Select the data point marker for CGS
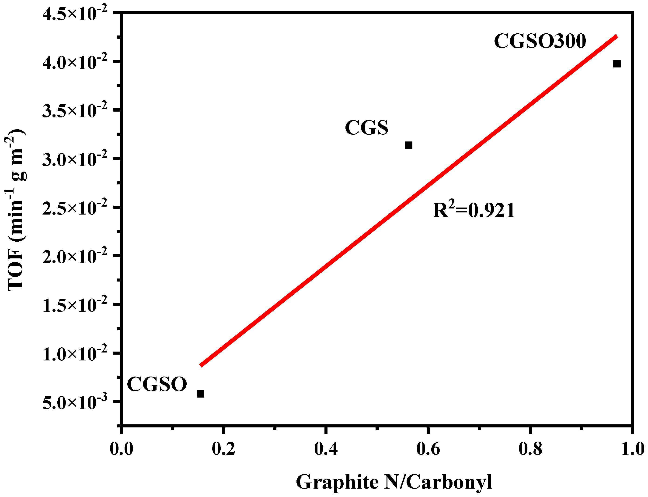pos(408,145)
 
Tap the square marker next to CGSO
pos(200,394)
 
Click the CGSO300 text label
pos(540,41)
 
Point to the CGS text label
pos(366,128)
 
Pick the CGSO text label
pos(157,384)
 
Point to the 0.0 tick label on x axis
pos(122,449)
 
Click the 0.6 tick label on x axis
pos(428,449)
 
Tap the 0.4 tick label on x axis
pos(326,449)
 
